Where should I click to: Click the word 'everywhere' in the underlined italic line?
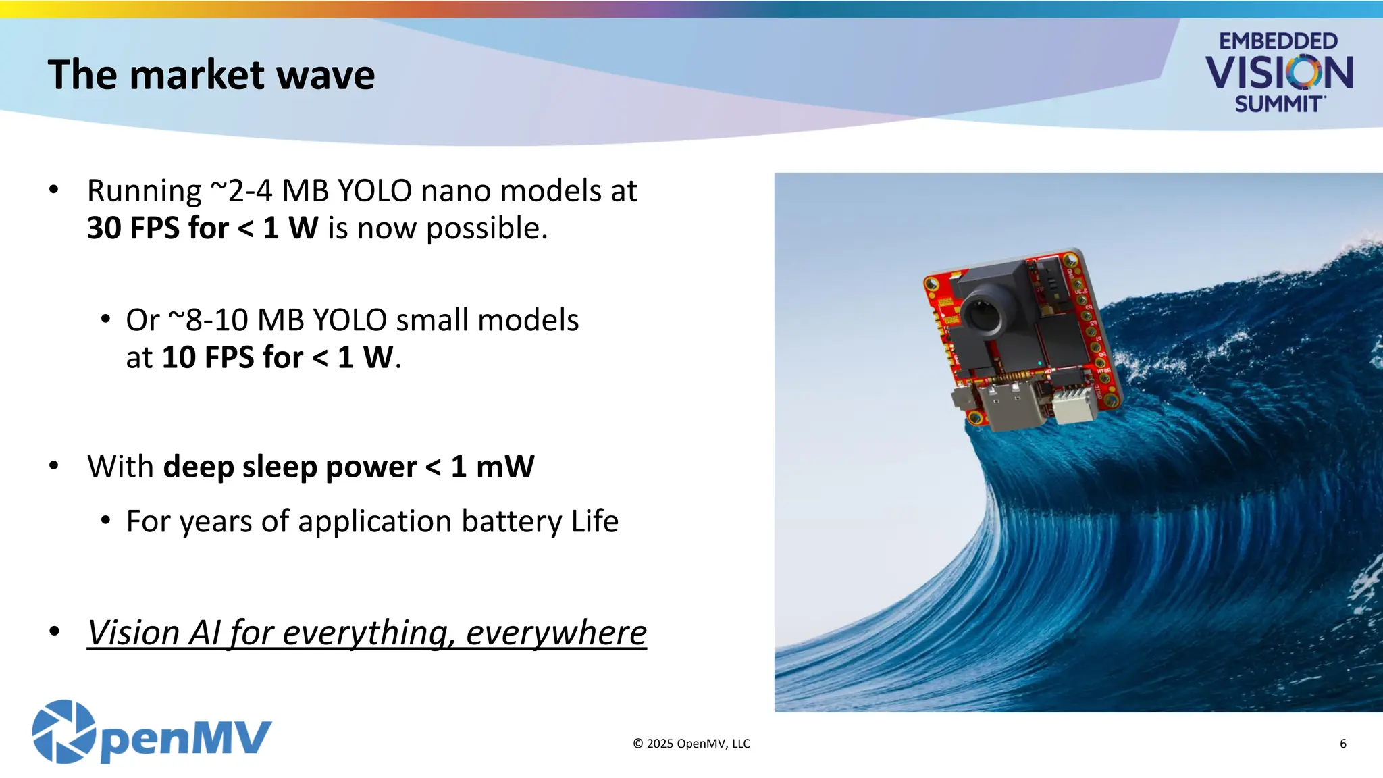click(556, 633)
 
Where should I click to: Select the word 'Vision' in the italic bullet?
click(133, 633)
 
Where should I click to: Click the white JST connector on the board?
click(1075, 404)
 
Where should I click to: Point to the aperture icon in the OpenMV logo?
click(64, 732)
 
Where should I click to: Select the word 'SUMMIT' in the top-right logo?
click(1278, 105)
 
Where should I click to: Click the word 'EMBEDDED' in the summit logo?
click(1278, 41)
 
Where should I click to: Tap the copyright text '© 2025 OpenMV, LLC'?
click(691, 744)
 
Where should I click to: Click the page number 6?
click(1342, 744)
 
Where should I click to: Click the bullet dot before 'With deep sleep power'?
click(54, 466)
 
